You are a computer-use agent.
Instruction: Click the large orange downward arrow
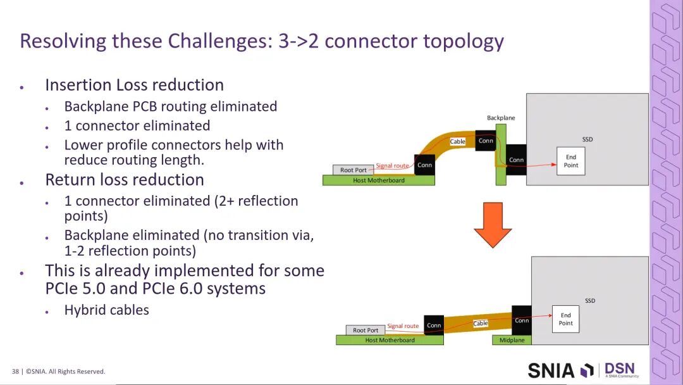coord(492,223)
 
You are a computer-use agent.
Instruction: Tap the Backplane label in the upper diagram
coord(501,118)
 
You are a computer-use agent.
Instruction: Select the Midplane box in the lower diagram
coord(512,340)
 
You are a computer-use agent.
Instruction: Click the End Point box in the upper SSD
coord(571,161)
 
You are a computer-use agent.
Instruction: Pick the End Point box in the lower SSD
coord(565,319)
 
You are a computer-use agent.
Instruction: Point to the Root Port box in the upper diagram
coord(353,170)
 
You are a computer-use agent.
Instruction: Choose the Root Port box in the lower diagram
coord(366,330)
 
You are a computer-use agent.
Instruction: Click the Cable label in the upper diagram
coord(457,141)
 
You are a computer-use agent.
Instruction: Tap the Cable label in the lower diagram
coord(481,324)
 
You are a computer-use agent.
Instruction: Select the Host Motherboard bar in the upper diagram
coord(378,180)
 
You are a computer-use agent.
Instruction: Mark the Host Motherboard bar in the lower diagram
coord(390,340)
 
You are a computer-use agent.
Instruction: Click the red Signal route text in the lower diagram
coord(403,326)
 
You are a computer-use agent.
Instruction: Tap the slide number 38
coord(15,371)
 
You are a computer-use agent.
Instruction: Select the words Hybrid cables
coord(106,310)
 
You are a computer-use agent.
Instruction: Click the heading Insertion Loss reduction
coord(134,85)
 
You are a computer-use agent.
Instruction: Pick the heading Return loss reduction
coord(124,180)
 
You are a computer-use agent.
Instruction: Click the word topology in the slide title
coord(463,41)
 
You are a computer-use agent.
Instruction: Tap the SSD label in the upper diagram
coord(588,139)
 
